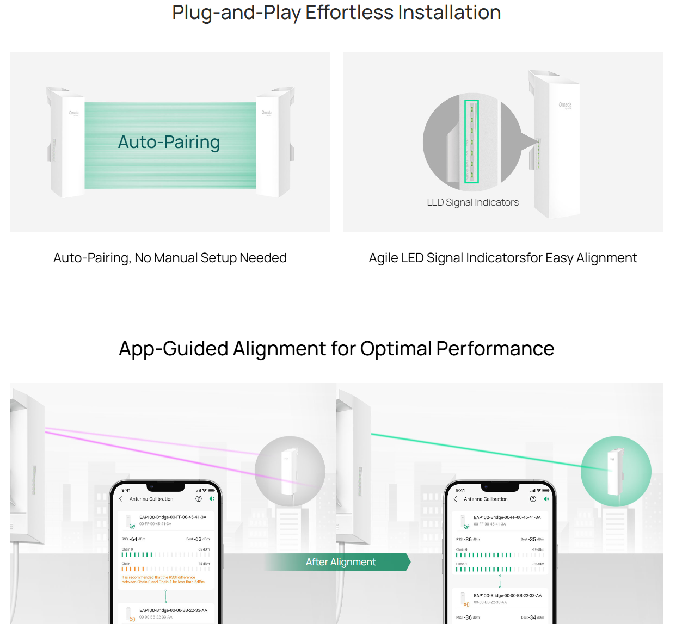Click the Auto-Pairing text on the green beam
tap(169, 142)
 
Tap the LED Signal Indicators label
tap(472, 202)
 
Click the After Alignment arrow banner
tap(341, 562)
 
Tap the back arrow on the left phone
tap(121, 499)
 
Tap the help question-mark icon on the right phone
tap(533, 499)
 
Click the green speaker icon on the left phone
tap(212, 499)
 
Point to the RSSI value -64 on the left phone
tap(133, 539)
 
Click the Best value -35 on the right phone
tap(532, 539)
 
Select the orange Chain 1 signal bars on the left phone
tap(133, 569)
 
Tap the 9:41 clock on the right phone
tap(460, 490)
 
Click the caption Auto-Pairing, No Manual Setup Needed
tap(170, 258)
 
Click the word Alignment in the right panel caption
tap(606, 258)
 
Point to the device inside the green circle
tap(615, 471)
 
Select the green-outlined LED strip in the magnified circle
tap(471, 141)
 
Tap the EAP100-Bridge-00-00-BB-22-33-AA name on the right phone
tap(507, 595)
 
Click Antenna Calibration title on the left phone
tap(151, 499)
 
